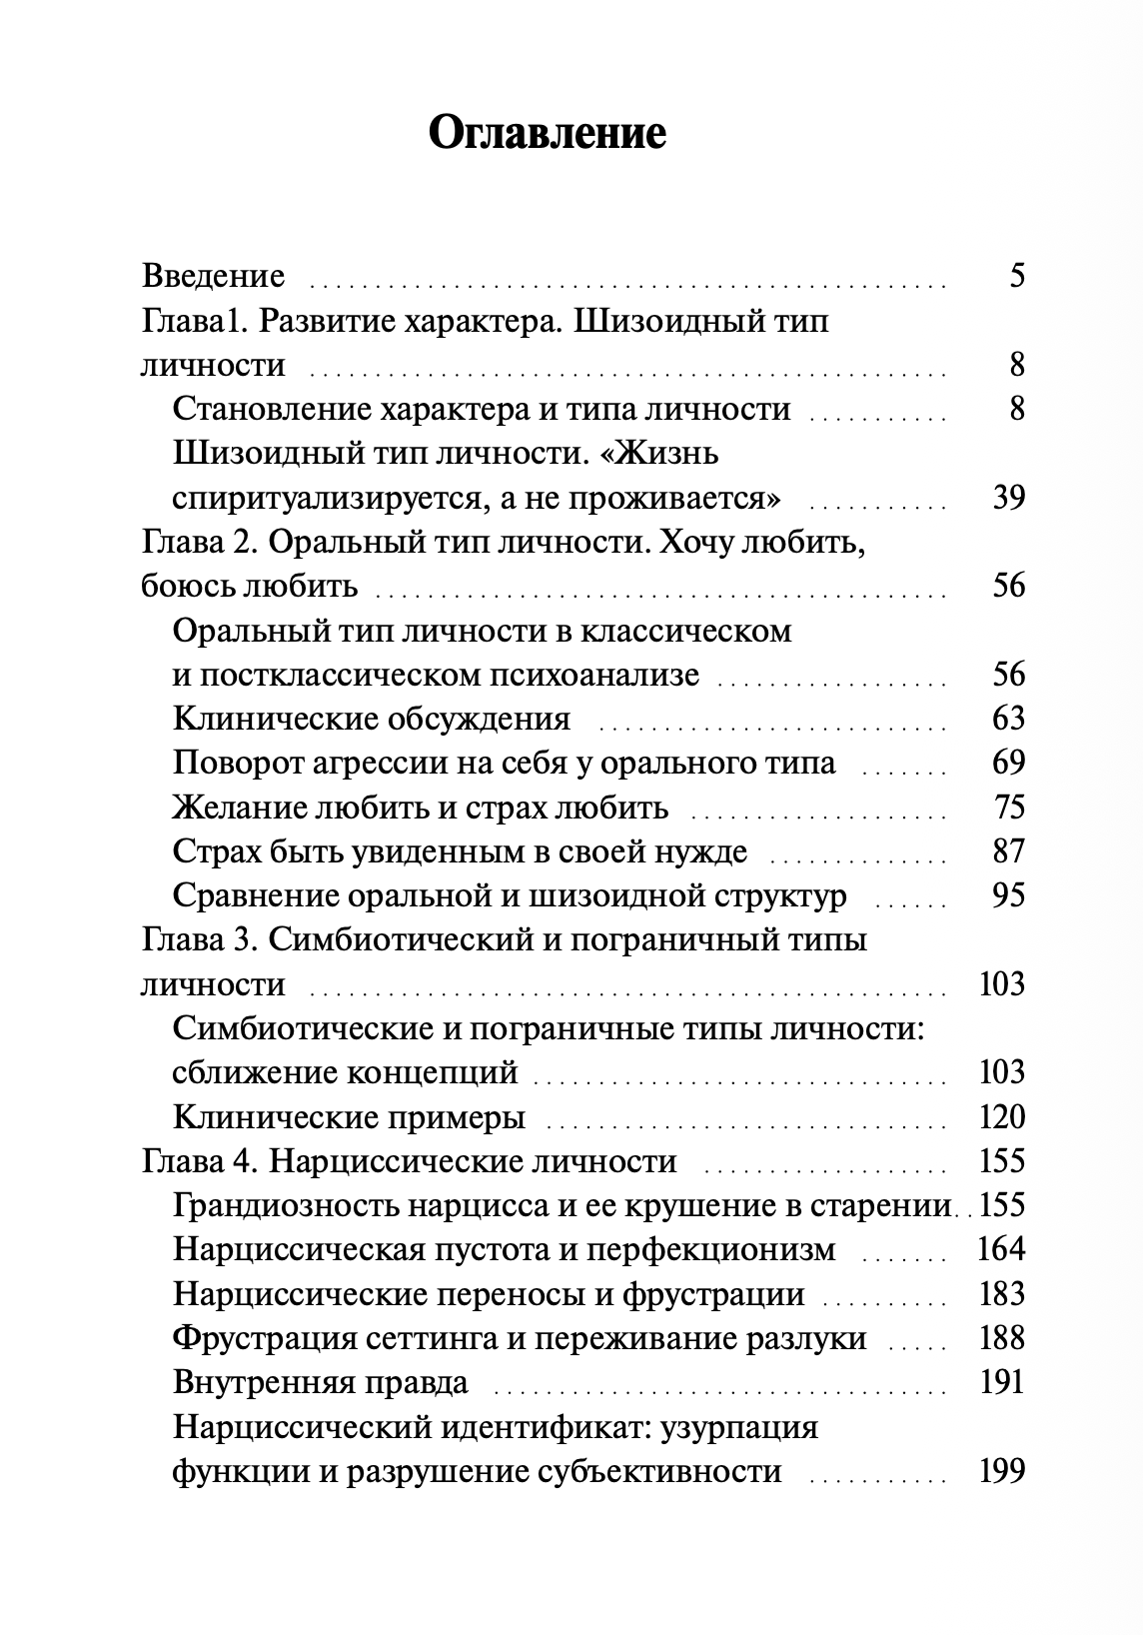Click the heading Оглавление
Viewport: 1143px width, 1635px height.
pyautogui.click(x=547, y=133)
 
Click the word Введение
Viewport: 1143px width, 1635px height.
pyautogui.click(x=214, y=275)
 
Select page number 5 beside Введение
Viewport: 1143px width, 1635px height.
pyautogui.click(x=1016, y=275)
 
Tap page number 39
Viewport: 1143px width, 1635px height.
pyautogui.click(x=1008, y=497)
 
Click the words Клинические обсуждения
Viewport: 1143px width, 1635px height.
pyautogui.click(x=372, y=719)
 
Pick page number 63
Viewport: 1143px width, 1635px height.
pyautogui.click(x=1008, y=719)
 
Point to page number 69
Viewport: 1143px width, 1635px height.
pyautogui.click(x=1008, y=763)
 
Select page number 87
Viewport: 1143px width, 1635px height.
pyautogui.click(x=1008, y=850)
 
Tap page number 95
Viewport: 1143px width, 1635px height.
pyautogui.click(x=1008, y=894)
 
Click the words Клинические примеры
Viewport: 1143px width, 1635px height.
pyautogui.click(x=349, y=1116)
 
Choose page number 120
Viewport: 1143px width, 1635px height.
pyautogui.click(x=1001, y=1116)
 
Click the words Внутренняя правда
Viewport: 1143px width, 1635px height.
pyautogui.click(x=320, y=1382)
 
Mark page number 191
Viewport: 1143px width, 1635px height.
pyautogui.click(x=1001, y=1382)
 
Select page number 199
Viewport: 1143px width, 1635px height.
pyautogui.click(x=1001, y=1471)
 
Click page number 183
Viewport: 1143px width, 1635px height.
pyautogui.click(x=1001, y=1294)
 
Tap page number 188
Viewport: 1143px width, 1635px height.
pyautogui.click(x=1001, y=1338)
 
